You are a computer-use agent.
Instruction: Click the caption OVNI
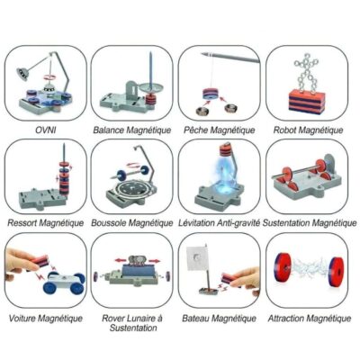coord(46,130)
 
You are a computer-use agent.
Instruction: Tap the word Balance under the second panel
coord(108,130)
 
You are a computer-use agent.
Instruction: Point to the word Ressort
coord(22,223)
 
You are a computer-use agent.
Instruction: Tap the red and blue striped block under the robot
coord(307,101)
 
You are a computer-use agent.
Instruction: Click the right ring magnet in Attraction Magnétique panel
coord(337,270)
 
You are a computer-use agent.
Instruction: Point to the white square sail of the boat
coord(197,258)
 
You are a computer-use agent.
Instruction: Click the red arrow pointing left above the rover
coord(121,260)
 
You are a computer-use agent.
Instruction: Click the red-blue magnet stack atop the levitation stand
coord(227,149)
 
